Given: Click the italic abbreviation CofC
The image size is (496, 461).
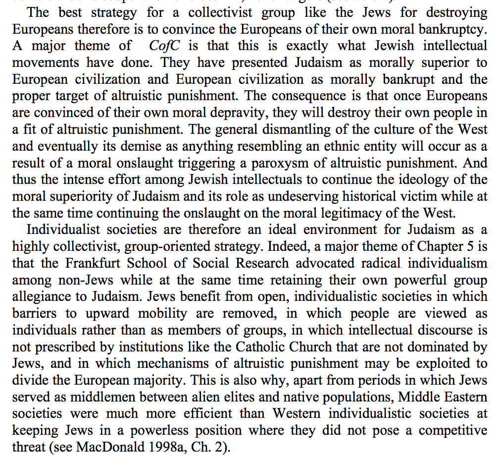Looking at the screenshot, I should pyautogui.click(x=164, y=46).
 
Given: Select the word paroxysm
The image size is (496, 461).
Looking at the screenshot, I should pyautogui.click(x=292, y=163).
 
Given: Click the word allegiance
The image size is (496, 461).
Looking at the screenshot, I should pyautogui.click(x=45, y=296).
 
